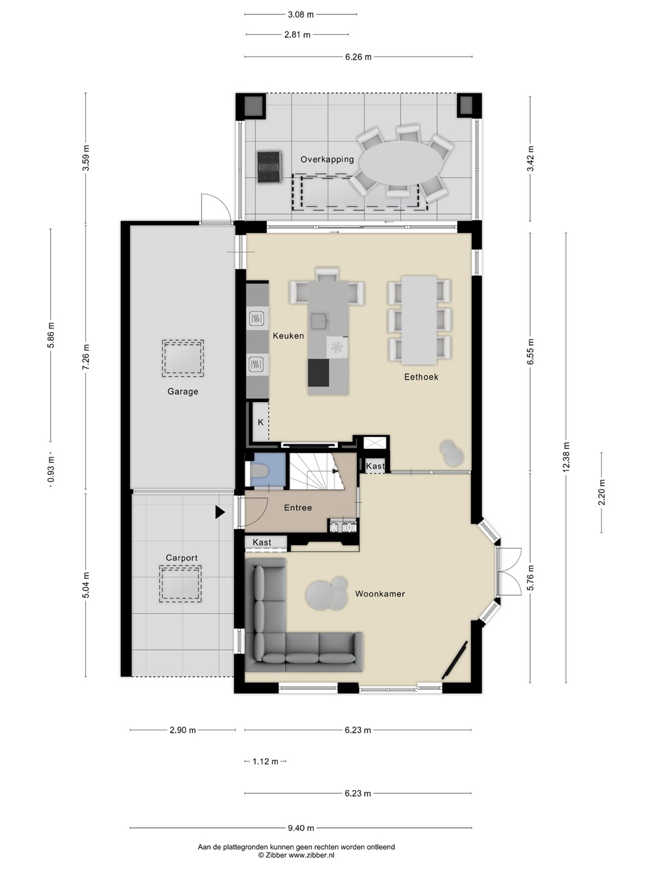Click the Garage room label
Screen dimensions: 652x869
(182, 392)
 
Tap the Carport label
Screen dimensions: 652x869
(181, 558)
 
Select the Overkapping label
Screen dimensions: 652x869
(327, 159)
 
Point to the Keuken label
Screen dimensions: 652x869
(288, 336)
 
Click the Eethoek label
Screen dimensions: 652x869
(421, 377)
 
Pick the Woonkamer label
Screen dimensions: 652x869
(380, 594)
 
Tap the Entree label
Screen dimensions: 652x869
(298, 508)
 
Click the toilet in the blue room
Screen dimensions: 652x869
(260, 471)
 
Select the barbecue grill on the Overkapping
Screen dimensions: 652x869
(270, 167)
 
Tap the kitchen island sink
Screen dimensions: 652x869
(319, 320)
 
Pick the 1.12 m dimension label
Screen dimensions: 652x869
(265, 761)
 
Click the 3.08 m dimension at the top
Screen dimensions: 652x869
(300, 14)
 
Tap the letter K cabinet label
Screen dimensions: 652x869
(260, 422)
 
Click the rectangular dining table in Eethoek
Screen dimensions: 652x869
(419, 320)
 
